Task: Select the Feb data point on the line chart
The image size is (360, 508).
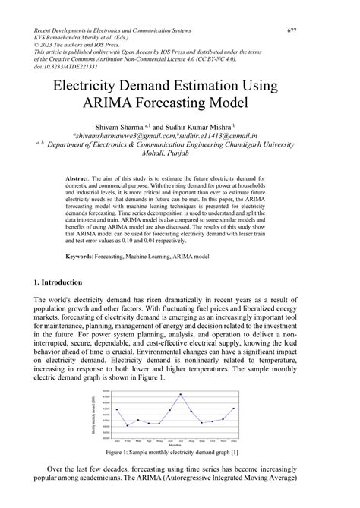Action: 127,425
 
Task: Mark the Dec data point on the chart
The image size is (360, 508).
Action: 233,409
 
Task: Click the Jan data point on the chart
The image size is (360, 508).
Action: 116,409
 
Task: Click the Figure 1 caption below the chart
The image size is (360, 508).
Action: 179,453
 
